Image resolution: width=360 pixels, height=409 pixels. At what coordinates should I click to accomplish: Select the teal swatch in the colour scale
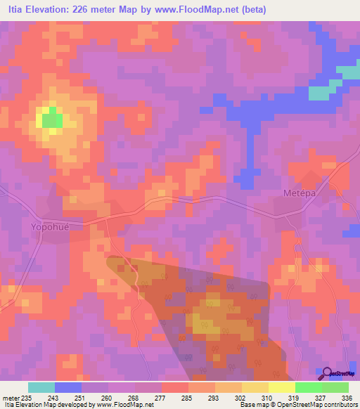click(x=41, y=387)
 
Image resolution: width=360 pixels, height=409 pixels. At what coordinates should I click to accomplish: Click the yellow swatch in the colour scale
click(x=282, y=387)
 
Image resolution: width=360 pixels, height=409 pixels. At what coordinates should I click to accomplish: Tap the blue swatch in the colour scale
click(x=68, y=387)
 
